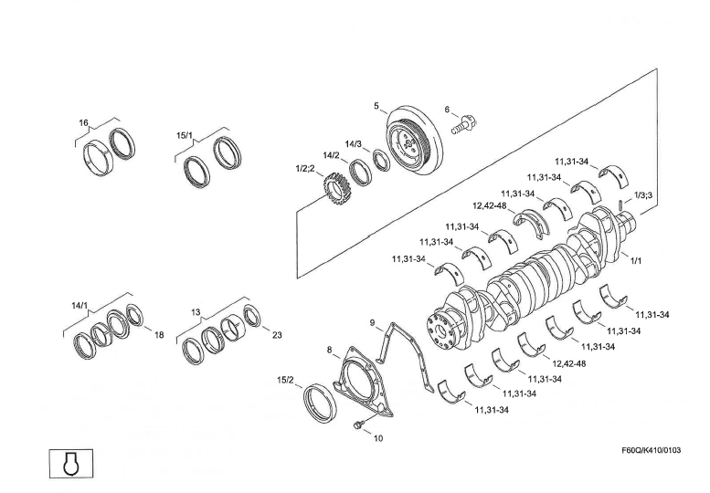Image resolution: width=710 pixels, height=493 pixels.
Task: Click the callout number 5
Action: point(376,106)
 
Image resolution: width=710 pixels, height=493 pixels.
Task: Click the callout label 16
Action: point(83,122)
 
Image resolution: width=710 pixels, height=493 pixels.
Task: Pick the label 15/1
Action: point(184,135)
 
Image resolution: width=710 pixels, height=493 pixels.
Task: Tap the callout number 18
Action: point(159,335)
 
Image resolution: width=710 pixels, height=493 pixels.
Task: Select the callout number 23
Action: point(277,335)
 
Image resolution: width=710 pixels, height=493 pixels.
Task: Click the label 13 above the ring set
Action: point(196,312)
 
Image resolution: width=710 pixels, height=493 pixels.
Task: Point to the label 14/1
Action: point(79,304)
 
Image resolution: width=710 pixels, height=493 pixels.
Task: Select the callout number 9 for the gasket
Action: point(373,322)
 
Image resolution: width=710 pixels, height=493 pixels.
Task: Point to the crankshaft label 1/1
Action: point(636,261)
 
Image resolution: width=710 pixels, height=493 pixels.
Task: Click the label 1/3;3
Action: point(642,196)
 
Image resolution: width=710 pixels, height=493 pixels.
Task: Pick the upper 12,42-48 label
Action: point(489,205)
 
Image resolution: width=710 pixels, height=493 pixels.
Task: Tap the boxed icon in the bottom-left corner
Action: point(69,464)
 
